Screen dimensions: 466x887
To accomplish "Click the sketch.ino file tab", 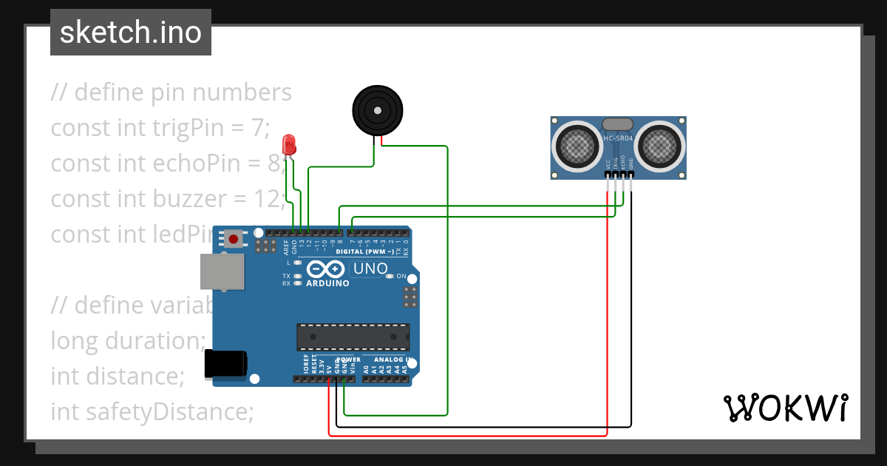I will pos(131,33).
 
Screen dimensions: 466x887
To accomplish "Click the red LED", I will pos(289,143).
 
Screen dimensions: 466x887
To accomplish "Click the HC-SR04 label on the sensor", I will pos(618,138).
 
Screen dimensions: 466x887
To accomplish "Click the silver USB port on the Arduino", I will pos(222,271).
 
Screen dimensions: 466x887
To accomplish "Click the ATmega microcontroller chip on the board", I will pos(353,337).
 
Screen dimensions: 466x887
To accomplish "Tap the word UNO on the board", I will pos(370,269).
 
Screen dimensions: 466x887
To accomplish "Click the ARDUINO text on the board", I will pos(327,283).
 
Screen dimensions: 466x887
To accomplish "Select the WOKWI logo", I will pos(785,408).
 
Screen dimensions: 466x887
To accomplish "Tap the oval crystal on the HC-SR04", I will pos(618,124).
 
